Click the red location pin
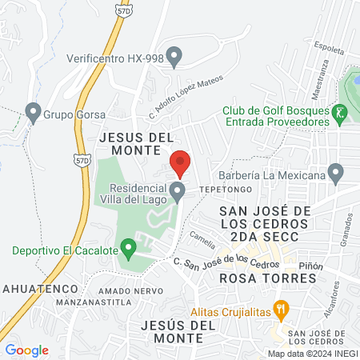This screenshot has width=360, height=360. click(x=181, y=162)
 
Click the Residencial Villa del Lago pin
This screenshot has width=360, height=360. click(x=178, y=190)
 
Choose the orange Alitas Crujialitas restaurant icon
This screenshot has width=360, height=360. click(x=281, y=309)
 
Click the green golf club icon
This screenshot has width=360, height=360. click(x=342, y=114)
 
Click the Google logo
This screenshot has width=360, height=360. click(x=27, y=350)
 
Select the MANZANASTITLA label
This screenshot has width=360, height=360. click(x=94, y=303)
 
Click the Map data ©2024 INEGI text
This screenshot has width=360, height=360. click(x=313, y=353)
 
